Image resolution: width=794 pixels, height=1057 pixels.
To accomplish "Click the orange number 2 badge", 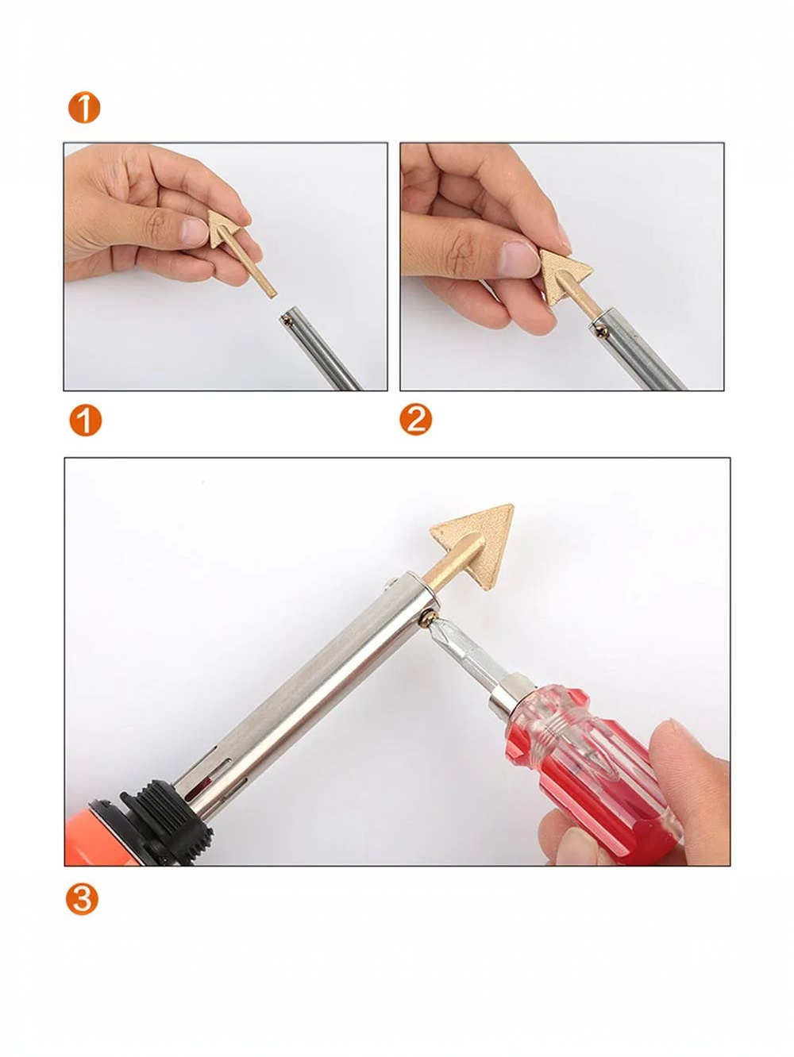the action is (x=416, y=420).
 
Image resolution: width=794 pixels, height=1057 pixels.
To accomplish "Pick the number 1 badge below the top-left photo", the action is (x=85, y=421).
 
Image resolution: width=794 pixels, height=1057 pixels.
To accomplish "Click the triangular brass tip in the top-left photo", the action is (x=225, y=228).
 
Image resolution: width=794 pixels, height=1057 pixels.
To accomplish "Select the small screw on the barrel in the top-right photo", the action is (x=601, y=330).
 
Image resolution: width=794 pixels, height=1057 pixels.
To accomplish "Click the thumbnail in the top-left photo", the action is (x=195, y=232).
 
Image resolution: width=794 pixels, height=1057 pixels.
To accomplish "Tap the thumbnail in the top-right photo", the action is (x=518, y=259).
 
